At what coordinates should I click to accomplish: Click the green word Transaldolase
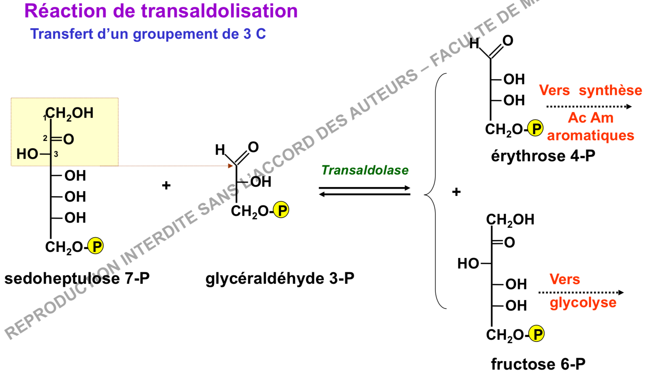click(365, 170)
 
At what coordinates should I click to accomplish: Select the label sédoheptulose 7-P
click(77, 279)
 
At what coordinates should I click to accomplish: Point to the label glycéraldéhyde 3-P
click(280, 279)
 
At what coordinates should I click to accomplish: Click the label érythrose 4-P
click(543, 156)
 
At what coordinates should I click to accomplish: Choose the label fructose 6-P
click(538, 364)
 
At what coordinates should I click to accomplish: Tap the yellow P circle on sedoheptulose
click(96, 246)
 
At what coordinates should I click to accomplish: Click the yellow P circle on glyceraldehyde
click(281, 210)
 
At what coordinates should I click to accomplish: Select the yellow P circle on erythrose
click(536, 128)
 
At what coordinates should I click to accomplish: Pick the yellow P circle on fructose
click(537, 334)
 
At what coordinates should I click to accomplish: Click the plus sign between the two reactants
click(166, 185)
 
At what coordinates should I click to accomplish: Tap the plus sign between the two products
click(456, 192)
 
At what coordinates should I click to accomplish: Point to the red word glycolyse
click(583, 303)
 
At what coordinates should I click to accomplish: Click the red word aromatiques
click(590, 135)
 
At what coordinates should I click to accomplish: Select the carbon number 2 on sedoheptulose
click(45, 138)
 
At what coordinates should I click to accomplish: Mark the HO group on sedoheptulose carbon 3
click(27, 154)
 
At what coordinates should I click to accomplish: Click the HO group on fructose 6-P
click(468, 264)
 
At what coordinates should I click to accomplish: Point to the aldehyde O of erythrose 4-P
click(508, 41)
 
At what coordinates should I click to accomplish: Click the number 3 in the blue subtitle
click(247, 34)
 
